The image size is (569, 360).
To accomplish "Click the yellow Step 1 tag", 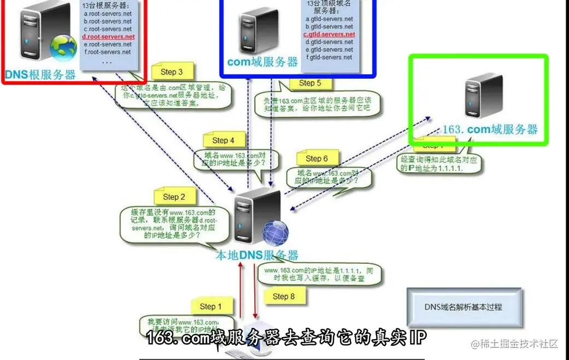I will coord(211,306).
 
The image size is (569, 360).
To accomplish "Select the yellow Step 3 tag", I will coord(172,72).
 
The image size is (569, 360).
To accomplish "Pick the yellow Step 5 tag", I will coord(314,84).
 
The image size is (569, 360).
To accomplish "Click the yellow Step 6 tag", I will coord(316,158).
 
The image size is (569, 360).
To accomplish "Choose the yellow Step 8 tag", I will coord(284,296).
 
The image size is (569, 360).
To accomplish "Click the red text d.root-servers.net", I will coord(108,37).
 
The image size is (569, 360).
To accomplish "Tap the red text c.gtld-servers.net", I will coord(330,34).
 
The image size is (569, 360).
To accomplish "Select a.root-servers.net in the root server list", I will coord(108,14).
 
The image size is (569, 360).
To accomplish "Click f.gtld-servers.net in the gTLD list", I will coord(329,57).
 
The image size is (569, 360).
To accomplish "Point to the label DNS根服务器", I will coord(40,75).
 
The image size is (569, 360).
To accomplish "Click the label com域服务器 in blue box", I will coord(262,62).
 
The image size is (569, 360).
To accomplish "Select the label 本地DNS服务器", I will coord(257,255).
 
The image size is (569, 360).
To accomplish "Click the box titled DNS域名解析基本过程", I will coord(464,306).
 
